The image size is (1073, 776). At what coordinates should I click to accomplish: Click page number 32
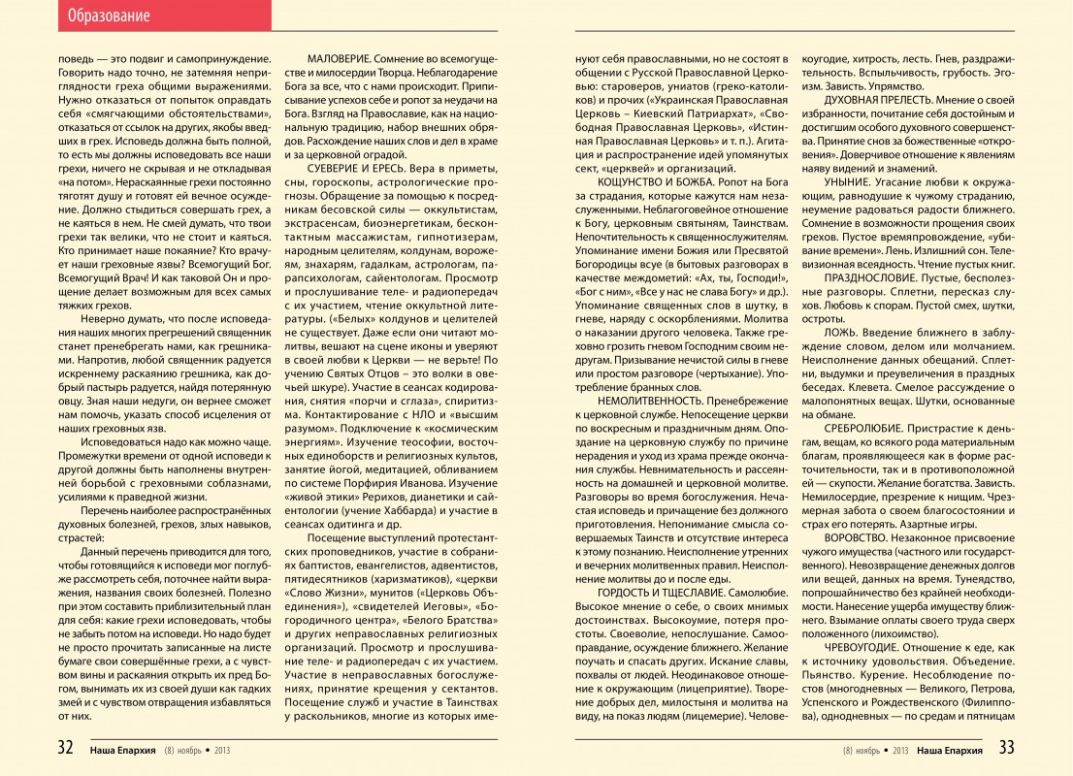65,748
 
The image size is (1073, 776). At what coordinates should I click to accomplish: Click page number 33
1006,748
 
